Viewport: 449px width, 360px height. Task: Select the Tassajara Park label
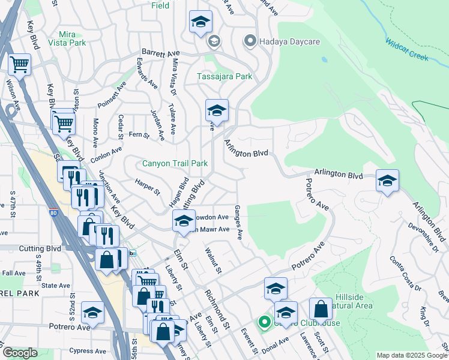click(225, 77)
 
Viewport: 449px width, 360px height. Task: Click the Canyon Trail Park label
click(175, 163)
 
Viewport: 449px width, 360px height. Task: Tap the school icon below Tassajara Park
click(217, 110)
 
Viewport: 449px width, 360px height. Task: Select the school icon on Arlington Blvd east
click(387, 180)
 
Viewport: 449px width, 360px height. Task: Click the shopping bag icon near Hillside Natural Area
click(321, 309)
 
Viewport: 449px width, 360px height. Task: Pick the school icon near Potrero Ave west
click(92, 312)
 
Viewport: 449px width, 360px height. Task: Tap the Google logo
click(20, 353)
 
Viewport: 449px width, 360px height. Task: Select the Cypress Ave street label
click(88, 351)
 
